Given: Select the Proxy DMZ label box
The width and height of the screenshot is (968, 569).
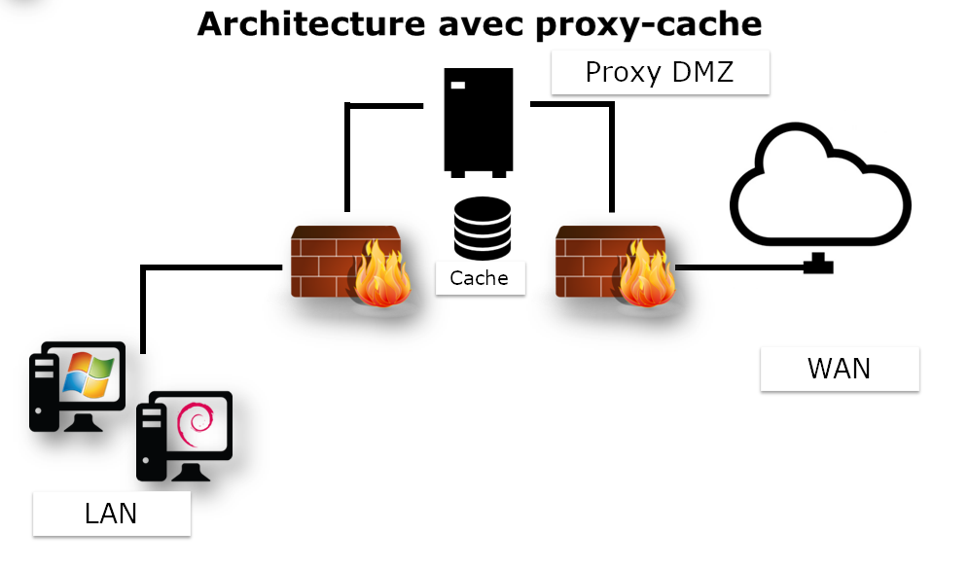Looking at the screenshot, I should tap(660, 72).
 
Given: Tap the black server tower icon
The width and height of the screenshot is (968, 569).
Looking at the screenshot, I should tap(478, 122).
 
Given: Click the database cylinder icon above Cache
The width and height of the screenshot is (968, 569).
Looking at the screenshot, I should tap(482, 227).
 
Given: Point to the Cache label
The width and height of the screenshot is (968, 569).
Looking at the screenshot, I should tap(479, 278).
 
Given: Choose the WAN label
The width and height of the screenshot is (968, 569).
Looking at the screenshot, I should tap(839, 369).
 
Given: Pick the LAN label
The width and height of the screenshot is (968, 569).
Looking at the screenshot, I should tap(111, 513).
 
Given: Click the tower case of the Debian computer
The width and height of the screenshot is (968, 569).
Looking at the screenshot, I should tap(152, 443).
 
